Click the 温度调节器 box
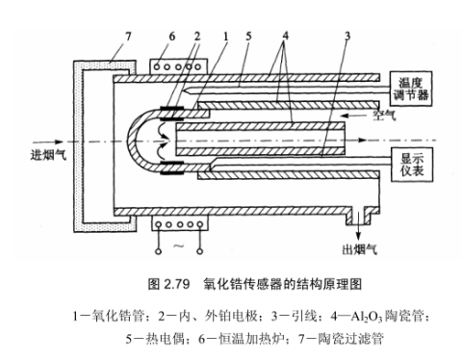(x=411, y=89)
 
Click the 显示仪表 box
(x=412, y=165)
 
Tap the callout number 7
(x=128, y=37)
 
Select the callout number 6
(x=172, y=37)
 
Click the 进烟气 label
(x=48, y=155)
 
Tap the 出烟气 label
(x=360, y=249)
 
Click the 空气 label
(x=384, y=116)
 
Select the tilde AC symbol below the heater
(x=179, y=246)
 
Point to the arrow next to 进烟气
(x=47, y=141)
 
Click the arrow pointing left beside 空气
(x=354, y=115)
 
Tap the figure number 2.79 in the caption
(x=177, y=284)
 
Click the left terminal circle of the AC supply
(x=158, y=251)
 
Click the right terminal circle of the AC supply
(x=200, y=251)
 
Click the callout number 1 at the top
(x=226, y=37)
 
